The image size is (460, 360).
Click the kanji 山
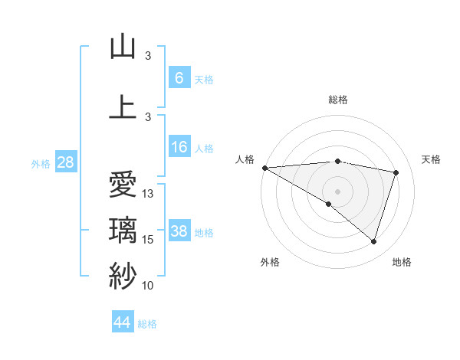point(123,47)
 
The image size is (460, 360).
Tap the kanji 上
point(123,106)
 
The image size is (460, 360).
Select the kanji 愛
point(123,185)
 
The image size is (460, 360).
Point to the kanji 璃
point(123,231)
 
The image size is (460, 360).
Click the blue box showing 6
point(179,78)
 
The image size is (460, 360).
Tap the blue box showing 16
point(179,147)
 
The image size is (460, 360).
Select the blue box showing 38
point(179,231)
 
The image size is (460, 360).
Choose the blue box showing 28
point(64,162)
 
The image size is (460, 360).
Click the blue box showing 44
point(123,322)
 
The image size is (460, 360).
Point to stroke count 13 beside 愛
point(149,194)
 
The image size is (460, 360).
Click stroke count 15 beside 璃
point(149,240)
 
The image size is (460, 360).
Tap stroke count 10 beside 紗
point(149,286)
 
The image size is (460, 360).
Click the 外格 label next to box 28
point(41,163)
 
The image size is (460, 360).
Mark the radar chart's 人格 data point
point(264,168)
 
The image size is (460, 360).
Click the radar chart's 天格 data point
point(396,172)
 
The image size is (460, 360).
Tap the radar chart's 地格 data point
point(373,241)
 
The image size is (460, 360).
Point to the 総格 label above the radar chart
point(337,100)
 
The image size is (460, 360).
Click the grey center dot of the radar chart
point(337,190)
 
